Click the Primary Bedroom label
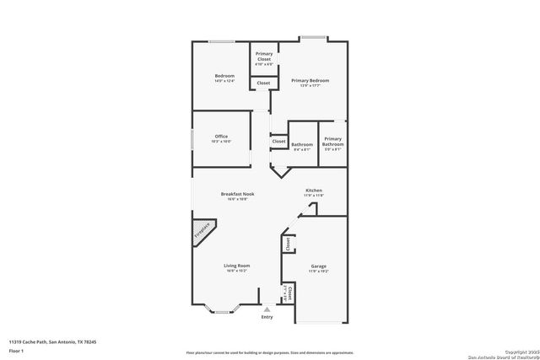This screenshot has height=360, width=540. (x=310, y=80)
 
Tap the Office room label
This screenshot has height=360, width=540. (x=221, y=137)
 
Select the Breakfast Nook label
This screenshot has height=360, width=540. (x=238, y=194)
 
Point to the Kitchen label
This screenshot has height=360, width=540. (x=314, y=191)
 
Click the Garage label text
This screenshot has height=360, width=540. (x=317, y=266)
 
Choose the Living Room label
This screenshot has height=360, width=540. (x=238, y=266)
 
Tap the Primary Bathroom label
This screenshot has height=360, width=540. (x=332, y=141)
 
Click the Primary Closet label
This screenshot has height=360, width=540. (x=264, y=56)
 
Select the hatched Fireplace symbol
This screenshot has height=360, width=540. (x=203, y=233)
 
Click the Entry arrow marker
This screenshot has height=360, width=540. (x=267, y=309)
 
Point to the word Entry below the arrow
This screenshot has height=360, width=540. (x=267, y=317)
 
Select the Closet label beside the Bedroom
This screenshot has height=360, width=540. (x=264, y=83)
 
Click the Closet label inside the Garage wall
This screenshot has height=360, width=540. (x=288, y=244)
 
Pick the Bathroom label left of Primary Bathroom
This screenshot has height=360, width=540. (x=302, y=144)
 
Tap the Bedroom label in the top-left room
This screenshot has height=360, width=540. (x=224, y=76)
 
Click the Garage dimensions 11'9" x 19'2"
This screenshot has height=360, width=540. (x=317, y=271)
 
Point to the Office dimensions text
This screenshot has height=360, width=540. (x=221, y=142)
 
